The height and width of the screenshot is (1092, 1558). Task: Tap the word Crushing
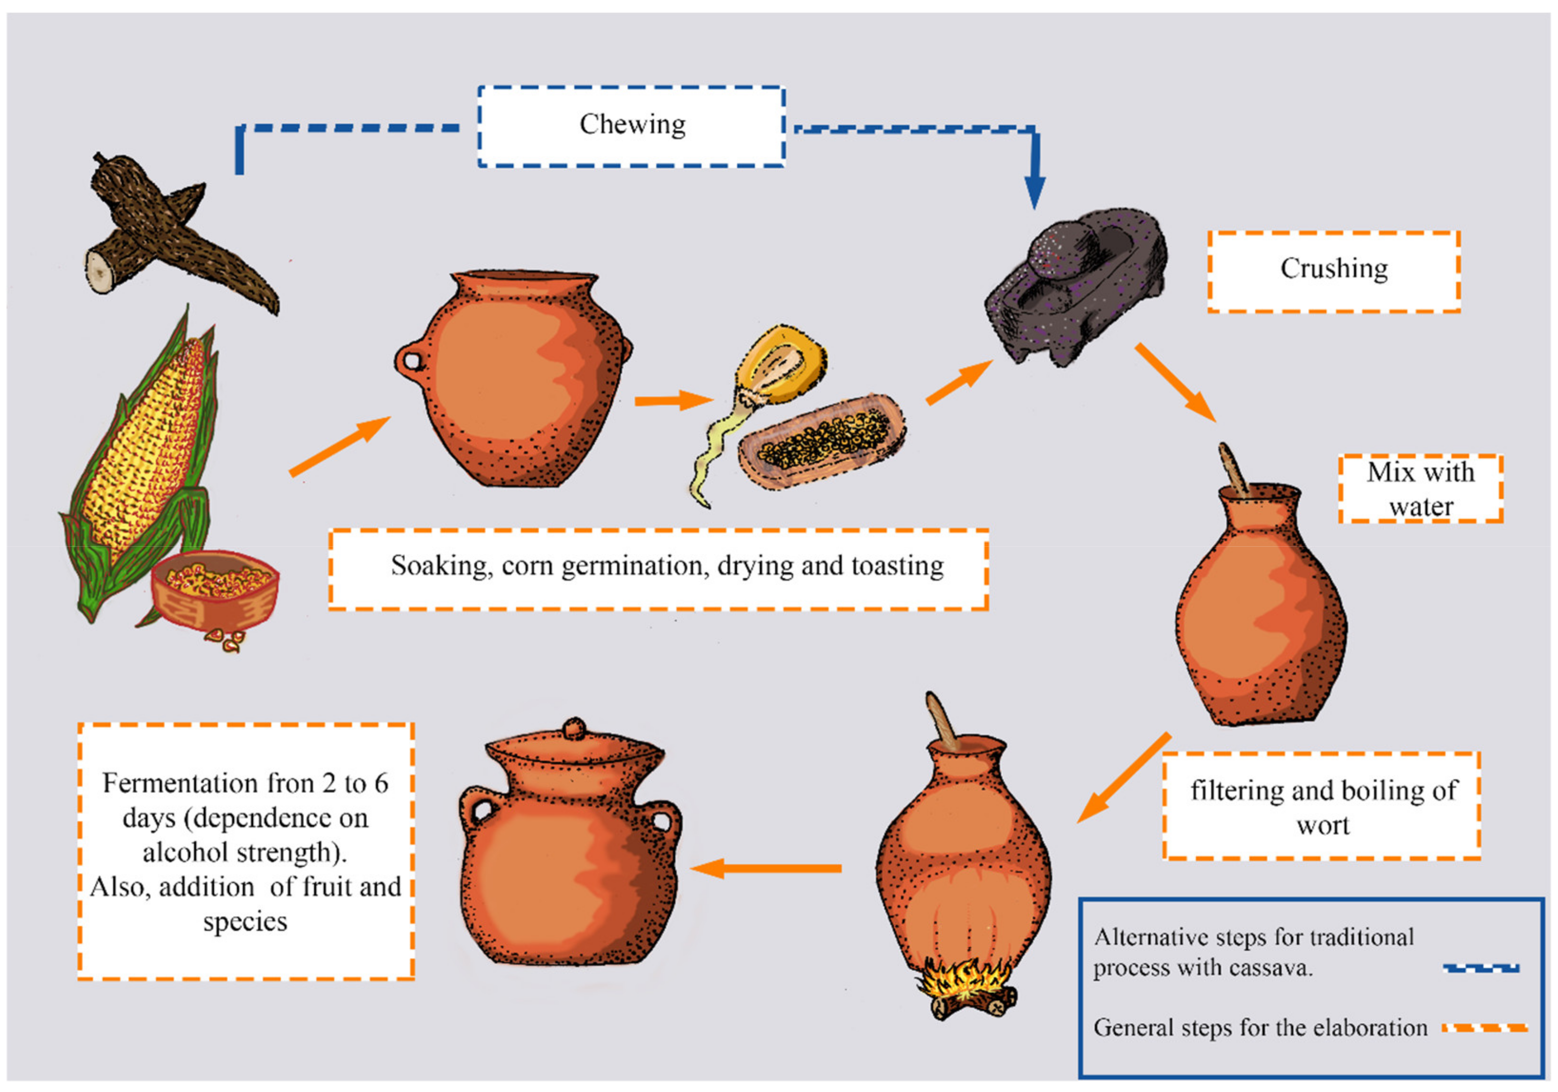(x=1333, y=269)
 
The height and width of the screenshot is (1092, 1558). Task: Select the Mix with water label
(x=1420, y=489)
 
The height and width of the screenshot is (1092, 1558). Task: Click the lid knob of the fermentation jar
(x=574, y=728)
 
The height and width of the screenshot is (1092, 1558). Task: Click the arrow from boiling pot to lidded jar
(x=767, y=868)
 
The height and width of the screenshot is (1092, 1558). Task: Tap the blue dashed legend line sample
(x=1481, y=969)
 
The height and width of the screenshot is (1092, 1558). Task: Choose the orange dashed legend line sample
(x=1484, y=1028)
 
